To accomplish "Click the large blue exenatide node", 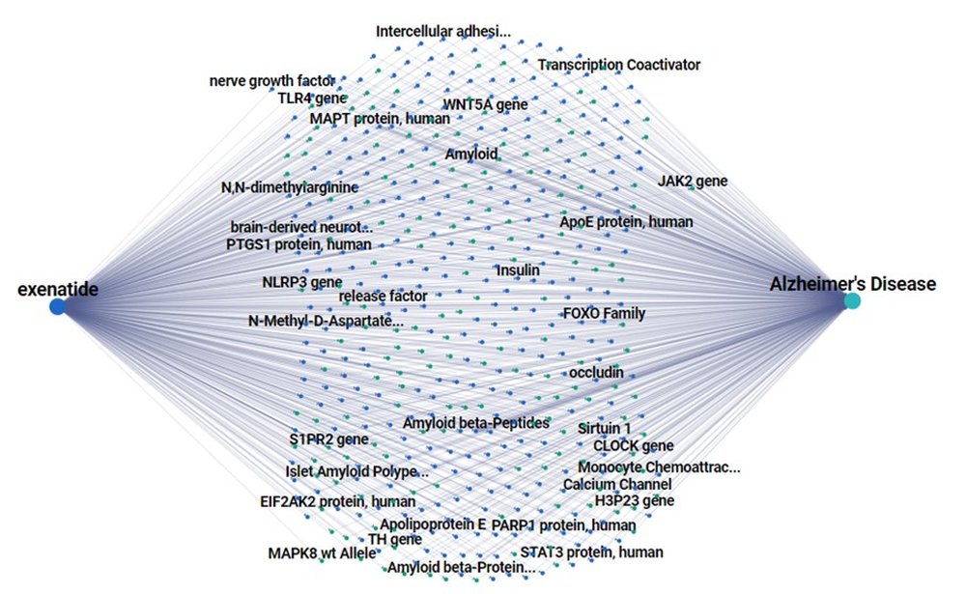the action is point(57,306).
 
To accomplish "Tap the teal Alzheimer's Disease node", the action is point(852,300).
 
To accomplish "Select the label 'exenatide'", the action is point(58,289).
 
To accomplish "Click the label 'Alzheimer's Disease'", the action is point(853,283).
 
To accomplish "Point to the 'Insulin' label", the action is point(518,269).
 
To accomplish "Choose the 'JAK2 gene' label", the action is point(693,182).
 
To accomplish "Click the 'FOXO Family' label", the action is point(604,313).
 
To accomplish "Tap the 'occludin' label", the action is point(596,372).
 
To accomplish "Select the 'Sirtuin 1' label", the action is point(605,428).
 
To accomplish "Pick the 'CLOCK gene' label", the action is point(634,445).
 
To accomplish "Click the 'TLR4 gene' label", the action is point(312,98).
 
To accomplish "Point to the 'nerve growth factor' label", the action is point(272,81).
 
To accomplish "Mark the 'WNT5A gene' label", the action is point(486,104).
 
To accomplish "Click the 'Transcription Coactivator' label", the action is point(619,65).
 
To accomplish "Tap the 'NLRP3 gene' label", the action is point(301,282).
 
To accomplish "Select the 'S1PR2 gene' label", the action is point(329,439).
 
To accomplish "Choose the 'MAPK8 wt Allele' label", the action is point(323,553).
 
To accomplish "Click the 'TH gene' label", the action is point(395,539).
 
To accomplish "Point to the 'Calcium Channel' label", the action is point(617,484).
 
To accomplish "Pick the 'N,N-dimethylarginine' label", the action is point(290,187).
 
